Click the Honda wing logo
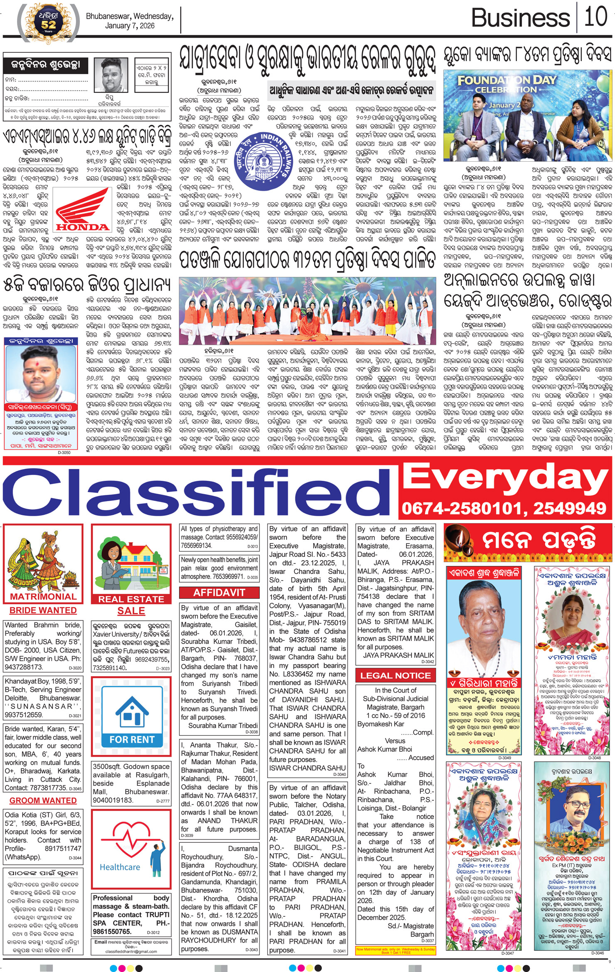[x=83, y=209]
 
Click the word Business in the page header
[x=520, y=18]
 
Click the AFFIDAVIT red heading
[x=219, y=593]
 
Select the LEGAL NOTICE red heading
[x=395, y=676]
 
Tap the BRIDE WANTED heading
[x=43, y=610]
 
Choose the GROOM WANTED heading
[x=43, y=800]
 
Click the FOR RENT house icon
[x=131, y=713]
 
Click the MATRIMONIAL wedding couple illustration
[x=43, y=561]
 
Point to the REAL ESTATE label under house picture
[x=131, y=599]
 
